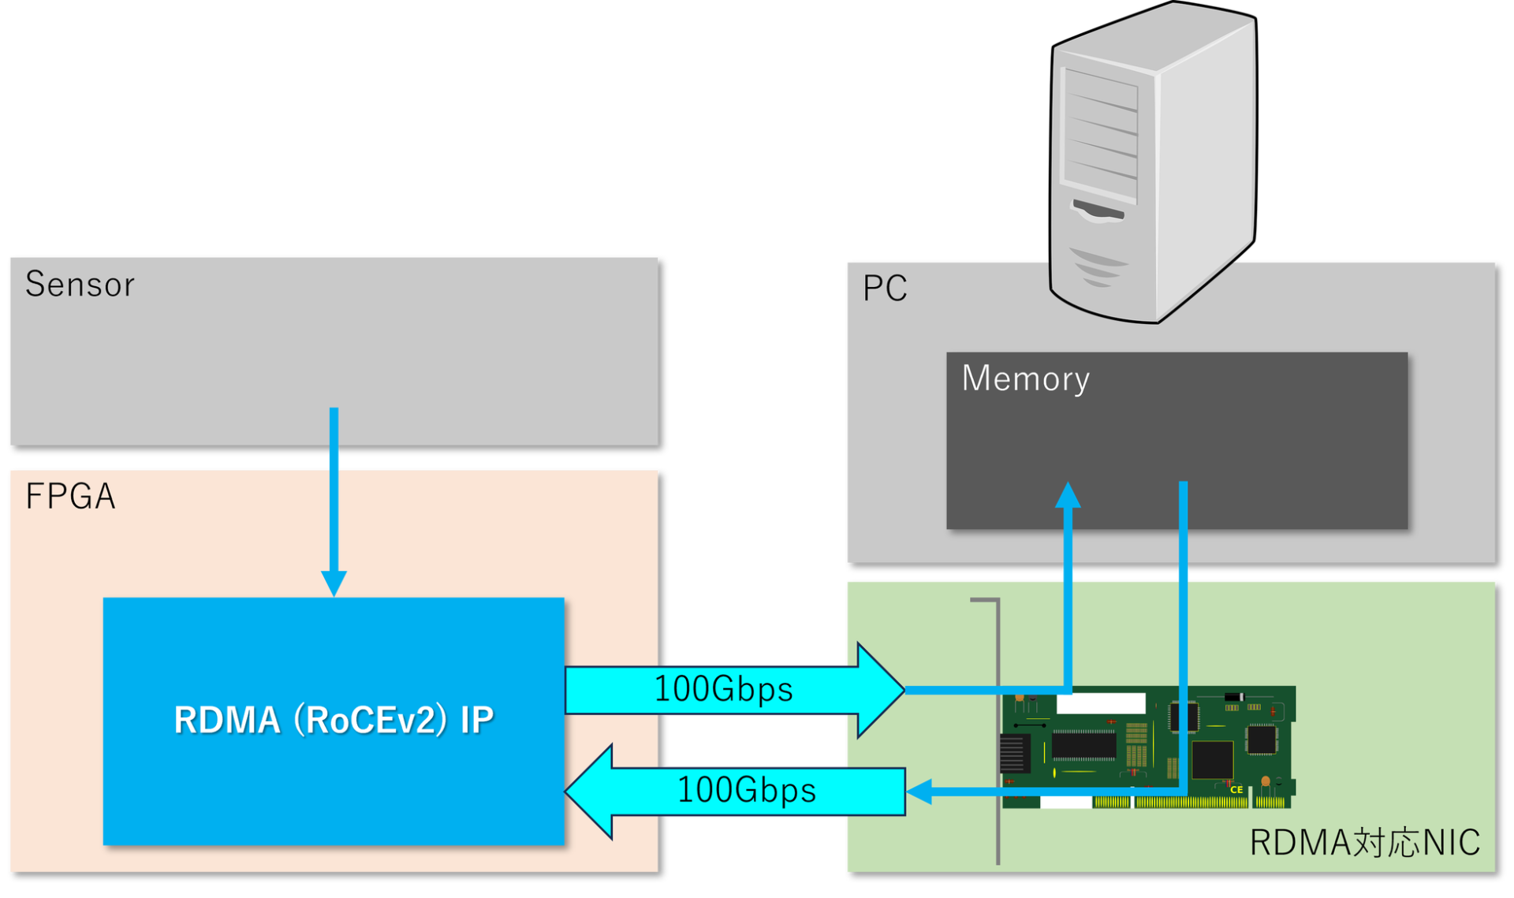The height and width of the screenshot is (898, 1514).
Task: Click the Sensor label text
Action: (x=80, y=285)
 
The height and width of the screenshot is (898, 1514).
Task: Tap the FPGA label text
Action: (x=70, y=497)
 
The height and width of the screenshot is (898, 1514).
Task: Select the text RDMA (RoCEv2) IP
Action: (x=334, y=720)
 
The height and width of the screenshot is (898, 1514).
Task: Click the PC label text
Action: (x=885, y=289)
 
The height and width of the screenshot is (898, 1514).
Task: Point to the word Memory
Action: (x=1025, y=379)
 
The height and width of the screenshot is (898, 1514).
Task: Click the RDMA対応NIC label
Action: (x=1364, y=843)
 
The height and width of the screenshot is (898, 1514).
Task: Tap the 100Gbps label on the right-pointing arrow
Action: (x=723, y=690)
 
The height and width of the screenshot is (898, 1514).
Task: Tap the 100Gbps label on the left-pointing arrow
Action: (x=746, y=790)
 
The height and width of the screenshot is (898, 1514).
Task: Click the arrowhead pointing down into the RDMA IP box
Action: (x=334, y=583)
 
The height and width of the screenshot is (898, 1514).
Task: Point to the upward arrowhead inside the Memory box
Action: (x=1068, y=494)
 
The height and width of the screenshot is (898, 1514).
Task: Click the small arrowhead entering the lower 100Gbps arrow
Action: (x=919, y=791)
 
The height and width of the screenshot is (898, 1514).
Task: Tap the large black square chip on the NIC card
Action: (x=1212, y=760)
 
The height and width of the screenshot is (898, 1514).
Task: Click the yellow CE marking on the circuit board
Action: (x=1236, y=789)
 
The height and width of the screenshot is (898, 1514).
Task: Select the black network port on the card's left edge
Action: (x=1014, y=752)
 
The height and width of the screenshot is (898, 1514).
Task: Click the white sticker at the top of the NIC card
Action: (x=1101, y=702)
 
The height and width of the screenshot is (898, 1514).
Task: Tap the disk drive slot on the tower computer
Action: (x=1098, y=211)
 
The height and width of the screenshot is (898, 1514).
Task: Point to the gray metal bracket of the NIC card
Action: (x=998, y=733)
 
